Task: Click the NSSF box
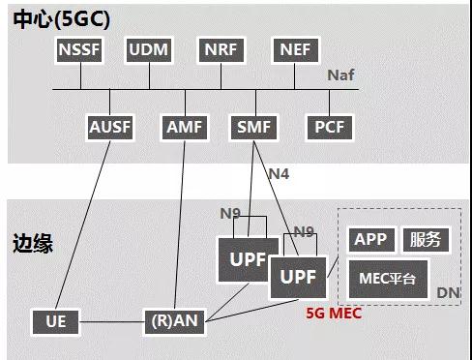pos(79,50)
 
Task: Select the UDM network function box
pos(149,50)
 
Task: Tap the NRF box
pos(221,50)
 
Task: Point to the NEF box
pos(296,50)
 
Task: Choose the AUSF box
pos(110,127)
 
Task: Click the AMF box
pos(185,127)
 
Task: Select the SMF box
pos(254,127)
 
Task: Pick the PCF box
pos(330,127)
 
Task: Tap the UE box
pos(56,322)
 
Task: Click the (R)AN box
pos(174,322)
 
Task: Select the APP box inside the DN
pos(371,240)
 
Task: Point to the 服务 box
pos(426,240)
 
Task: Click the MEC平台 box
pos(388,279)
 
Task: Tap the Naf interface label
pos(340,75)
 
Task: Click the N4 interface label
pos(279,174)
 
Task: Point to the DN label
pos(448,293)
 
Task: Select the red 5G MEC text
pos(334,314)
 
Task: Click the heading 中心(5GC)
pos(62,19)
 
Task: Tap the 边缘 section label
pos(33,244)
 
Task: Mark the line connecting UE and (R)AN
pos(111,322)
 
